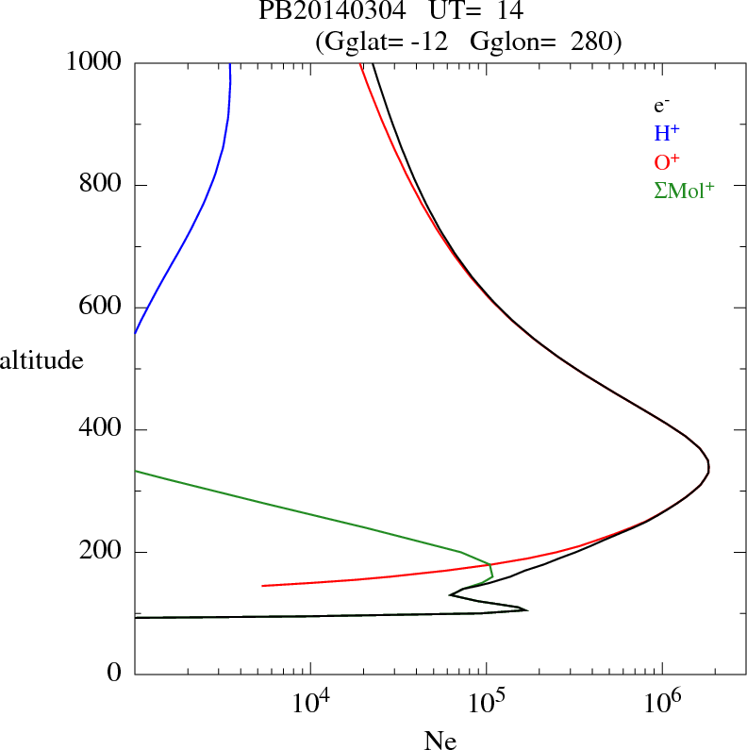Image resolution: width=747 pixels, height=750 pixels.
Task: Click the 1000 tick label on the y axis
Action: tap(94, 62)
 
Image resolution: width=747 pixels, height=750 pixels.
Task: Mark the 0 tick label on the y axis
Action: tap(115, 675)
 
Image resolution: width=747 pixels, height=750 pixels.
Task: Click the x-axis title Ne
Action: tap(440, 741)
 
